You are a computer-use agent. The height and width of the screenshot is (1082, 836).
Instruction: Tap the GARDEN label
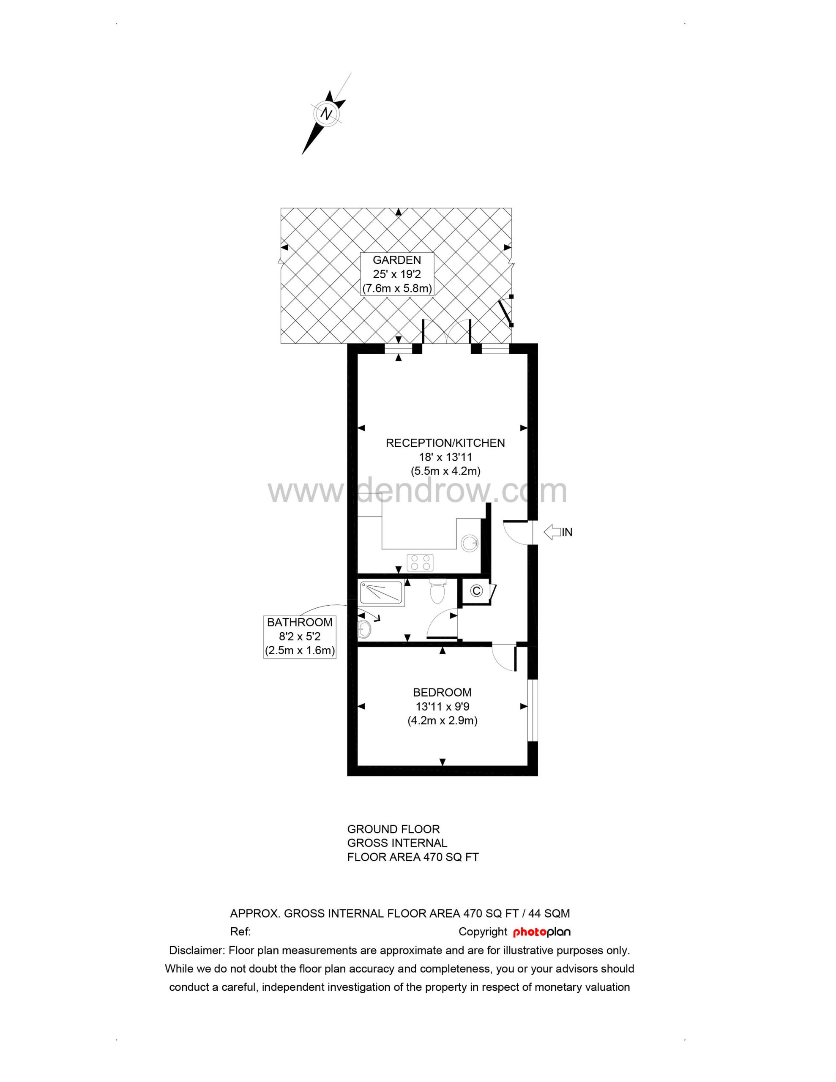(397, 260)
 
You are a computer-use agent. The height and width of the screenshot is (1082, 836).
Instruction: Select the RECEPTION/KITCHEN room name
(445, 443)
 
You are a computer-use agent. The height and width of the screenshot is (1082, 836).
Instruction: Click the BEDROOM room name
(442, 692)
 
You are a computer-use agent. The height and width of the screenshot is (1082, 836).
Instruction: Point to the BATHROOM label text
(300, 622)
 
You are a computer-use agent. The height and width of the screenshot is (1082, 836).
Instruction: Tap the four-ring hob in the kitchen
(420, 562)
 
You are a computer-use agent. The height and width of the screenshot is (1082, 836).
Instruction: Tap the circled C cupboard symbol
(477, 591)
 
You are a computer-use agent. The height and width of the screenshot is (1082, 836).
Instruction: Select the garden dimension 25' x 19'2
(397, 273)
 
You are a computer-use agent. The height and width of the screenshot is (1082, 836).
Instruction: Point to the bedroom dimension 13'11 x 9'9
(442, 707)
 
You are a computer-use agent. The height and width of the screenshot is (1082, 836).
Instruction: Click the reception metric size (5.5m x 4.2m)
(445, 471)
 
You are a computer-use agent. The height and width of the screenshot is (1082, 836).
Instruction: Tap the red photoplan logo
(542, 932)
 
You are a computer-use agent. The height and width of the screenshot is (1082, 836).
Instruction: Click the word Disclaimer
(197, 951)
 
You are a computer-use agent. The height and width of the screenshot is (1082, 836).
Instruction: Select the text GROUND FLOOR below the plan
(393, 829)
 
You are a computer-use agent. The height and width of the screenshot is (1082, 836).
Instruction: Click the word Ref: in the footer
(241, 932)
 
